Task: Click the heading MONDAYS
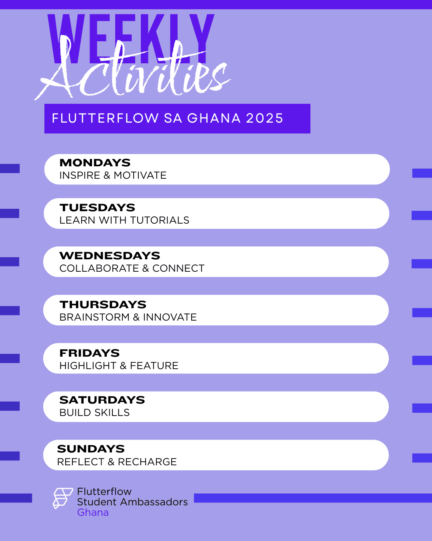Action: click(95, 163)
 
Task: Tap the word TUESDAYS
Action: click(97, 208)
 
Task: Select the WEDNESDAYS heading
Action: click(110, 256)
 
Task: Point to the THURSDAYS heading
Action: click(103, 305)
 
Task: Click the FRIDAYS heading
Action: click(89, 353)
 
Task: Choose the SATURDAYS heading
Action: click(102, 400)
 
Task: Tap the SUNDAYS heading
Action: click(91, 449)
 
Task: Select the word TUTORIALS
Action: click(160, 220)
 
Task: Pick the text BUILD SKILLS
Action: click(94, 413)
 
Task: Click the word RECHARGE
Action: click(147, 462)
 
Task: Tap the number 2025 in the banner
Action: click(264, 118)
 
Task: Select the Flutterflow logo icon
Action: click(62, 498)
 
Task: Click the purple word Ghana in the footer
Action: click(93, 513)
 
